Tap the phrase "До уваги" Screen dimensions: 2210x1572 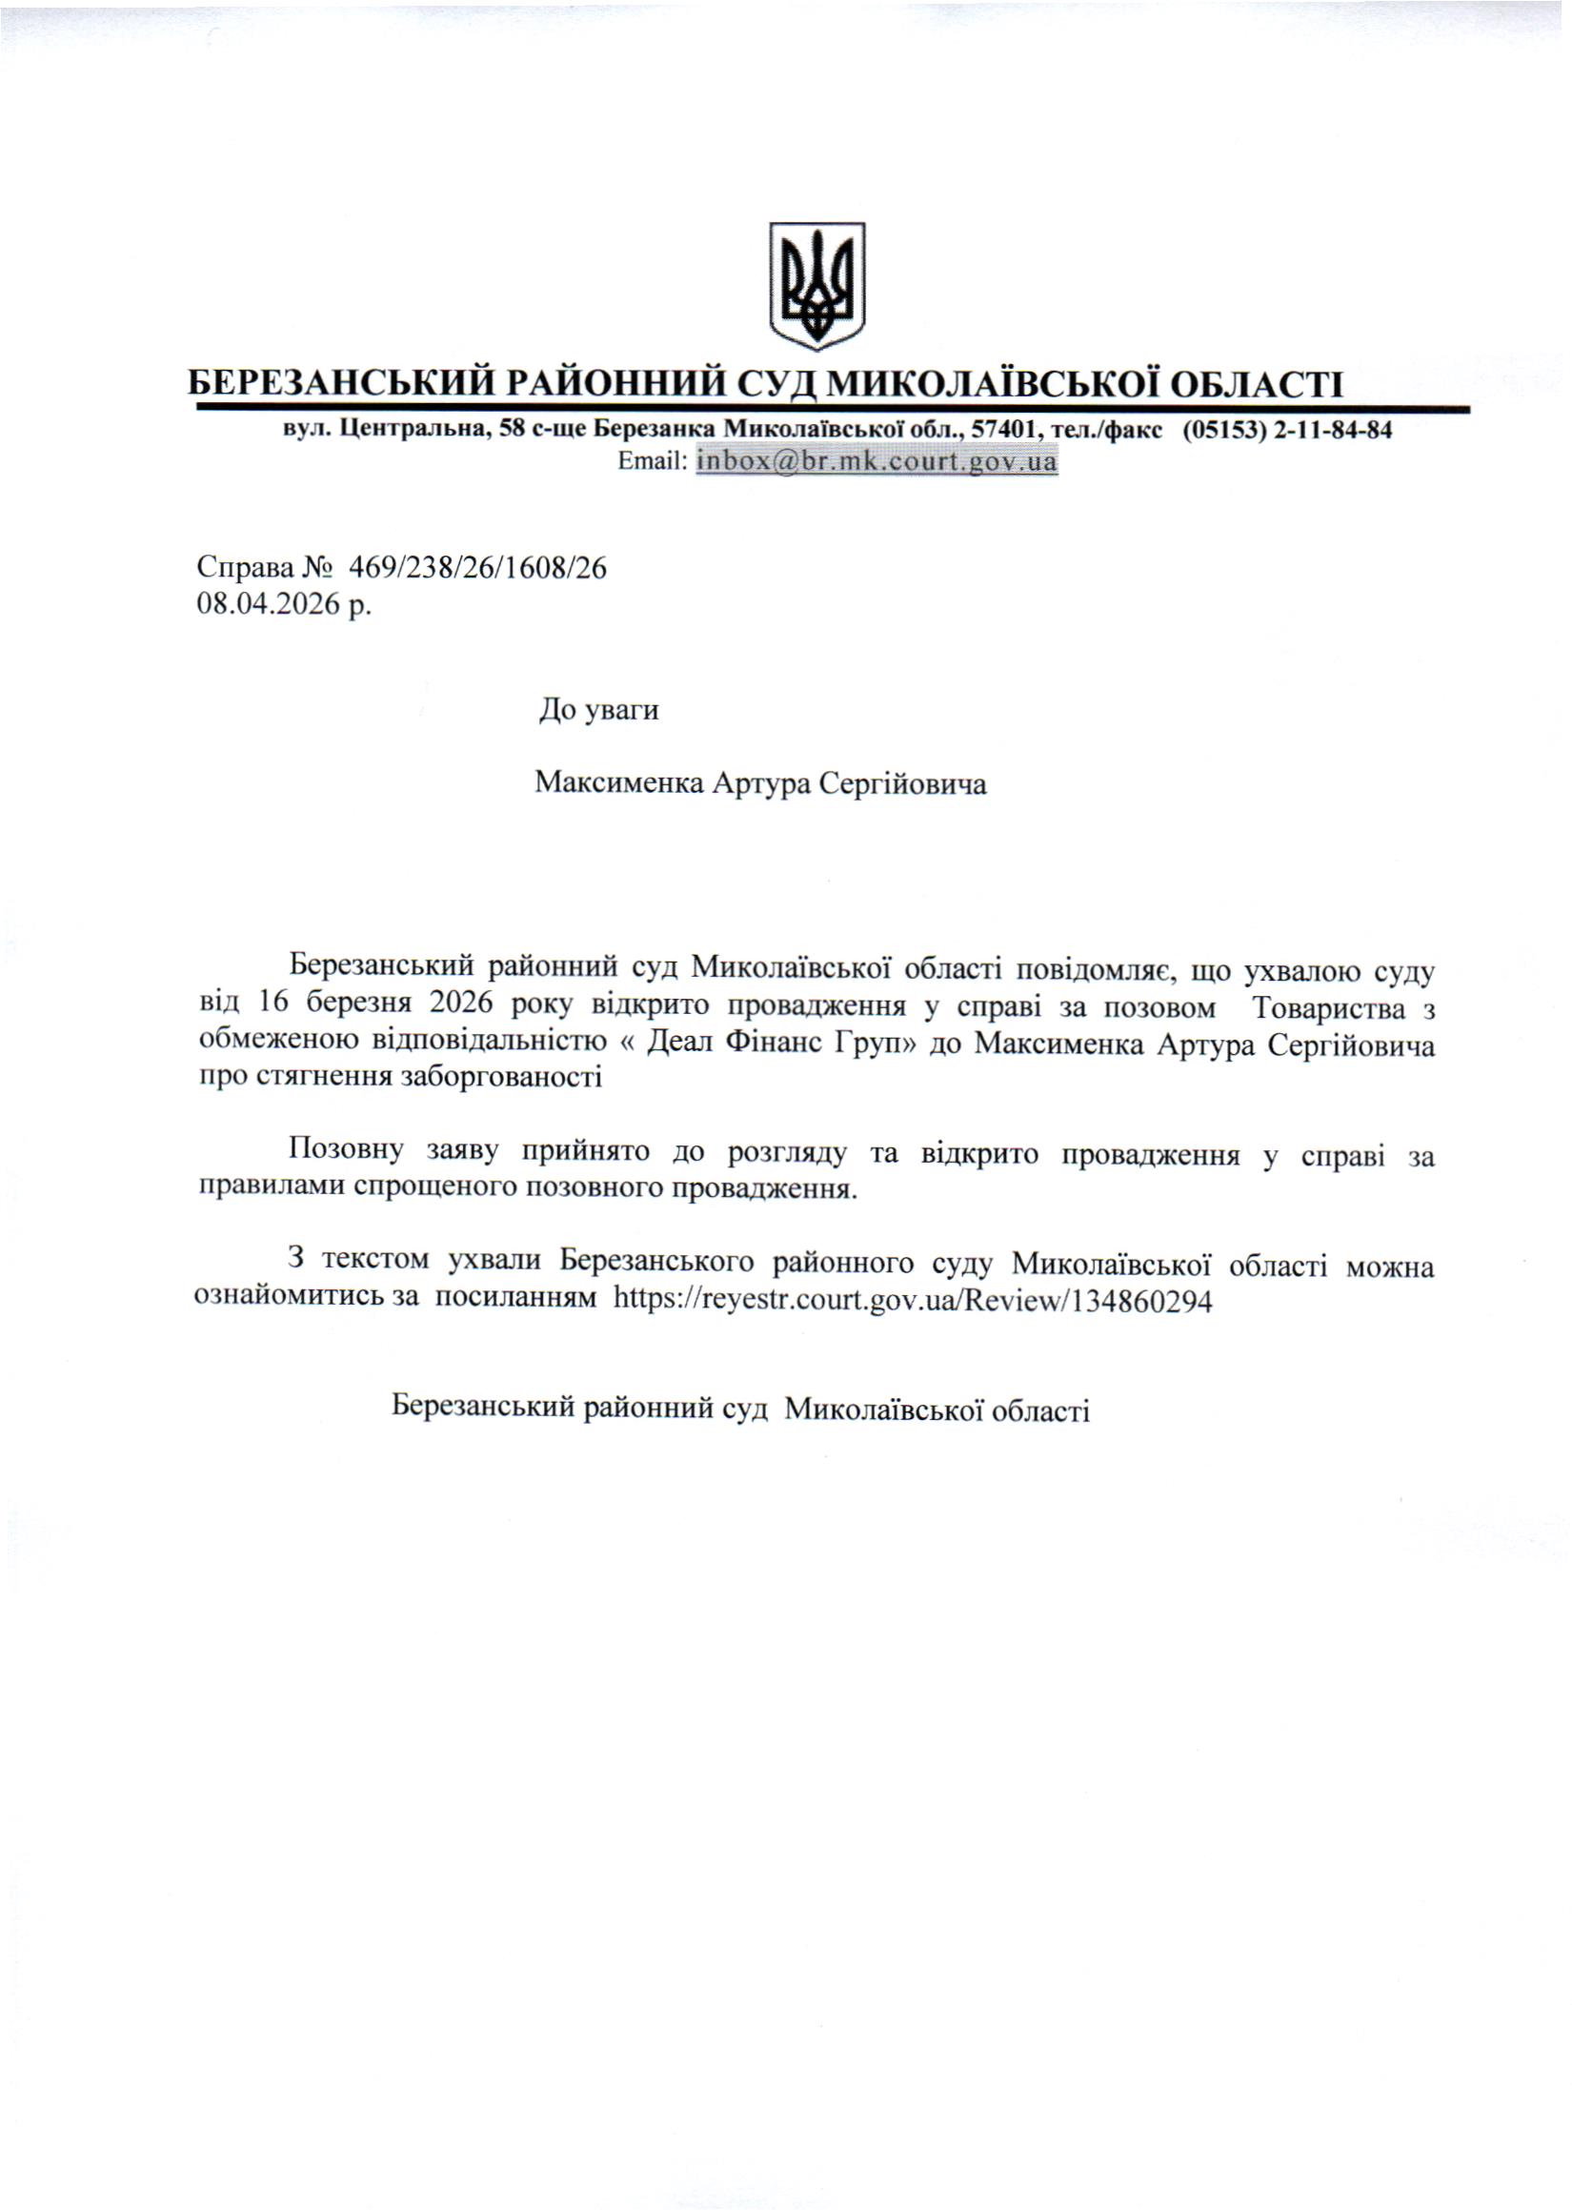coord(599,712)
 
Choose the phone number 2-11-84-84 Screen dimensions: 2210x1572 coord(1333,430)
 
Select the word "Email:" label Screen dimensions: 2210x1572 coord(652,462)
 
